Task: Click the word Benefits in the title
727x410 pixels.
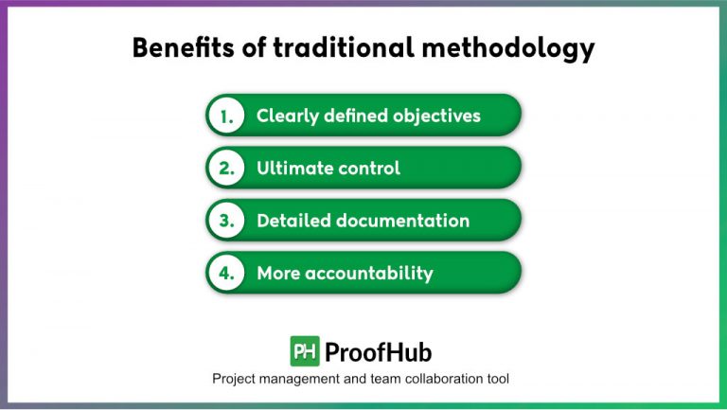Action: (179, 48)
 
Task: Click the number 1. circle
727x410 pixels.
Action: (226, 116)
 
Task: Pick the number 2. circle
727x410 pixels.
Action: (226, 169)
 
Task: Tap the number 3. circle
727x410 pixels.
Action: (226, 221)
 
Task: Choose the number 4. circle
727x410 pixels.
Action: (226, 274)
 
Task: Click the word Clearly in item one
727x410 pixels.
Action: (288, 116)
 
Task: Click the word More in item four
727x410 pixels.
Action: (279, 274)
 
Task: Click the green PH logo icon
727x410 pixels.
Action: (305, 351)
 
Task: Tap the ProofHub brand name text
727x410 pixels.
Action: (378, 352)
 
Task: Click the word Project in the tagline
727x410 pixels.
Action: (234, 379)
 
